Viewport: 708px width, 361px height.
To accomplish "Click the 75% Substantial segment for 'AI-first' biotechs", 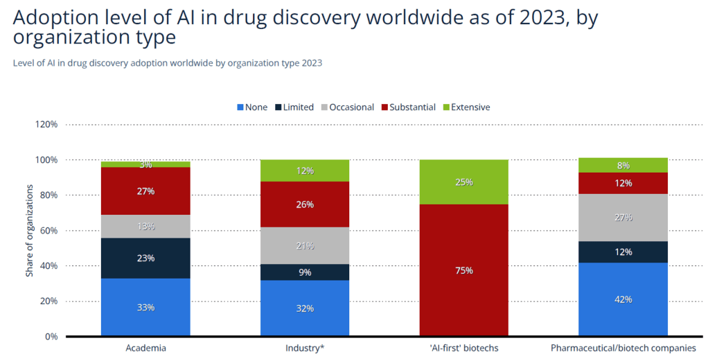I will coord(464,270).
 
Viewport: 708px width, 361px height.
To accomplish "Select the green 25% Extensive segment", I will coord(464,182).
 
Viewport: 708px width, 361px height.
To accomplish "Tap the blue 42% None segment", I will coord(623,299).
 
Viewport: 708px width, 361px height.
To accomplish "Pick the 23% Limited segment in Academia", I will coord(145,258).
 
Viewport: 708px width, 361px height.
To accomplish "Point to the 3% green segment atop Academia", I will coord(145,164).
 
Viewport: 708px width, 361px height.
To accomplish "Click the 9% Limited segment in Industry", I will coord(305,272).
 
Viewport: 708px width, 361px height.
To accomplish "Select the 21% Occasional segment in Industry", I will coord(305,245).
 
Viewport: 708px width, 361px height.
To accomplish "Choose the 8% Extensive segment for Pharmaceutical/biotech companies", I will coord(623,165).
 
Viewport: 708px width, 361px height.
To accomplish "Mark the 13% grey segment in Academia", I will coord(145,226).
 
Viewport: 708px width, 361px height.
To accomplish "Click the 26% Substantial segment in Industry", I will coord(305,204).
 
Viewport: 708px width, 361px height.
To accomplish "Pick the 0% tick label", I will coord(51,337).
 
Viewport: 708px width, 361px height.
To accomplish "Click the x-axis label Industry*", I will coord(305,348).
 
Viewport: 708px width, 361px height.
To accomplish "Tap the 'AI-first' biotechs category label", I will coord(464,348).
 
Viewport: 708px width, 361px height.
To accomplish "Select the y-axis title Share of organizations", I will coord(30,231).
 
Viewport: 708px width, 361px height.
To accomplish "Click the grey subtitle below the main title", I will coord(167,63).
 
